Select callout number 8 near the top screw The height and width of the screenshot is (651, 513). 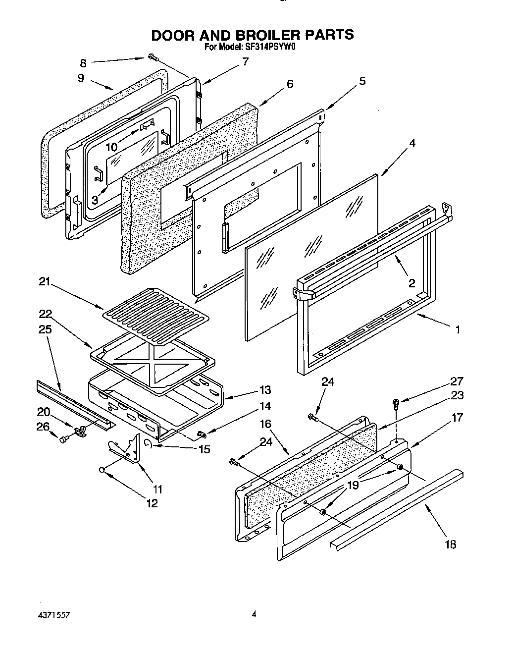(x=83, y=63)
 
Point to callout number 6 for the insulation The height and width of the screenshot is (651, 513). (x=290, y=84)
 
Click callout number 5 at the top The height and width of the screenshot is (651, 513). (x=362, y=81)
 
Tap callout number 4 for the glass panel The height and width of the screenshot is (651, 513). (x=412, y=143)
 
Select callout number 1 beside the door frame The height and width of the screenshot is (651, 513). (x=458, y=329)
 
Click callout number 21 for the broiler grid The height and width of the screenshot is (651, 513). (x=45, y=282)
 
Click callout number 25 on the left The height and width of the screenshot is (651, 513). (x=45, y=329)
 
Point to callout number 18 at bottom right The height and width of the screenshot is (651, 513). (x=450, y=544)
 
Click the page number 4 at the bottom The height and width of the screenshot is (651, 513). (x=254, y=615)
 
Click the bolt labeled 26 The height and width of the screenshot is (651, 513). (x=63, y=439)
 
